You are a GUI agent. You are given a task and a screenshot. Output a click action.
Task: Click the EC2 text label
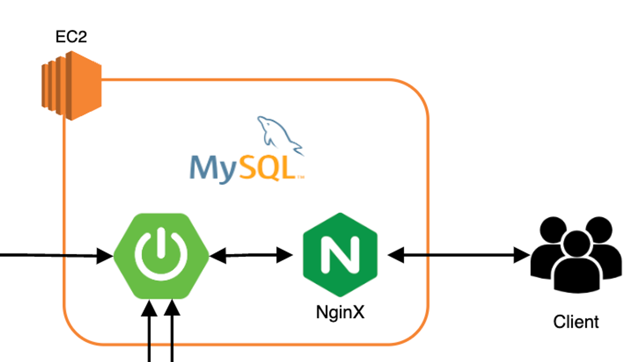click(x=71, y=37)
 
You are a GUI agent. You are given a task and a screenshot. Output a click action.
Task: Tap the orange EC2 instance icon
click(x=72, y=86)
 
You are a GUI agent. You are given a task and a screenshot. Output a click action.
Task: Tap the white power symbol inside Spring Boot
click(x=161, y=254)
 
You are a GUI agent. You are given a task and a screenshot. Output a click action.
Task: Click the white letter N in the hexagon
click(x=340, y=255)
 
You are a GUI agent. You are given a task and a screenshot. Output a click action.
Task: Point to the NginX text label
click(x=340, y=312)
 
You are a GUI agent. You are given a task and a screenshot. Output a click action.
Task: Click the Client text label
click(x=576, y=322)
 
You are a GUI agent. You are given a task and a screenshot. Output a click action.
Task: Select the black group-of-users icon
click(x=576, y=254)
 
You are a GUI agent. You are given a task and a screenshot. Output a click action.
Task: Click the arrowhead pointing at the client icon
click(x=521, y=255)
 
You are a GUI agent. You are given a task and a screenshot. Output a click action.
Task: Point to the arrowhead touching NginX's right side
click(x=396, y=255)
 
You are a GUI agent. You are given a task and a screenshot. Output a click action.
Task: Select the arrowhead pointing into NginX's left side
click(x=284, y=255)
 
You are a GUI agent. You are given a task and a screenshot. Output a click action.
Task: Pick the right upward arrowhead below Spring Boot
click(x=172, y=308)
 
